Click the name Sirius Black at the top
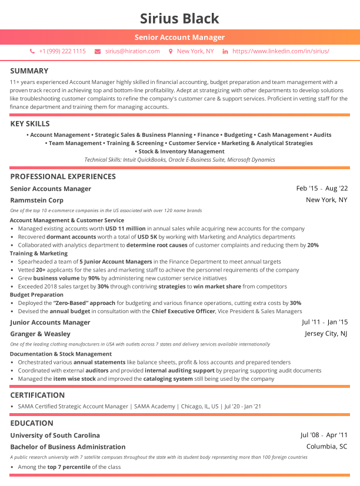[x=179, y=18]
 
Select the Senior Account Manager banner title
[x=179, y=38]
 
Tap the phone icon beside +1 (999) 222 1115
[x=32, y=52]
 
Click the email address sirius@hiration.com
[x=132, y=52]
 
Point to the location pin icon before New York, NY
[x=171, y=52]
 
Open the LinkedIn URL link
[x=281, y=52]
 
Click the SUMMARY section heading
[x=29, y=71]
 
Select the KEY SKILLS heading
[x=30, y=124]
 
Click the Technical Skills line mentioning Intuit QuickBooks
[x=179, y=160]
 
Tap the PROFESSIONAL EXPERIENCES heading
[x=63, y=176]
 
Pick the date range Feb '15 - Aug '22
[x=322, y=189]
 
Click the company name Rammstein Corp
[x=36, y=200]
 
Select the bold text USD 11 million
[x=125, y=229]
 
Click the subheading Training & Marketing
[x=39, y=253]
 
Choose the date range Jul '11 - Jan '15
[x=325, y=322]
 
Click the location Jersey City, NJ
[x=326, y=334]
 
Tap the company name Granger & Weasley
[x=40, y=334]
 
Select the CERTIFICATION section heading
[x=37, y=395]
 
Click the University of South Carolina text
[x=55, y=435]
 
